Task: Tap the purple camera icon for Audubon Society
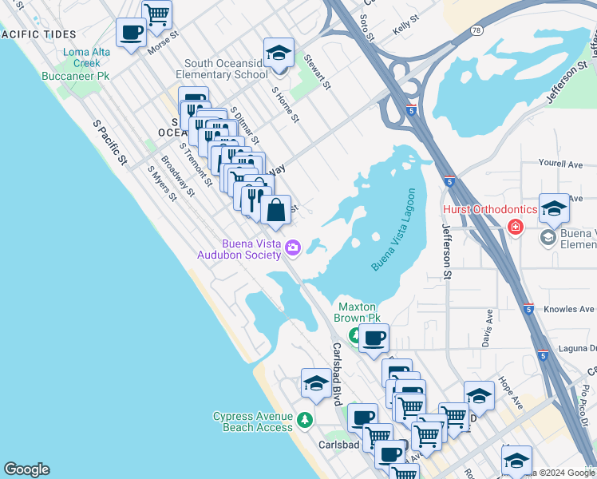pos(293,247)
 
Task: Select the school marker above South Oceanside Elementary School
pos(278,53)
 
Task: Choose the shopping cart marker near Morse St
pos(157,14)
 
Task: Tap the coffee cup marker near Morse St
pos(131,34)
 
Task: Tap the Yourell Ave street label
pos(560,164)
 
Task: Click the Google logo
pos(26,469)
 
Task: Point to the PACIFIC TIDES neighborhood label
pos(40,34)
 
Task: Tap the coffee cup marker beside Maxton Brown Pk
pos(373,338)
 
